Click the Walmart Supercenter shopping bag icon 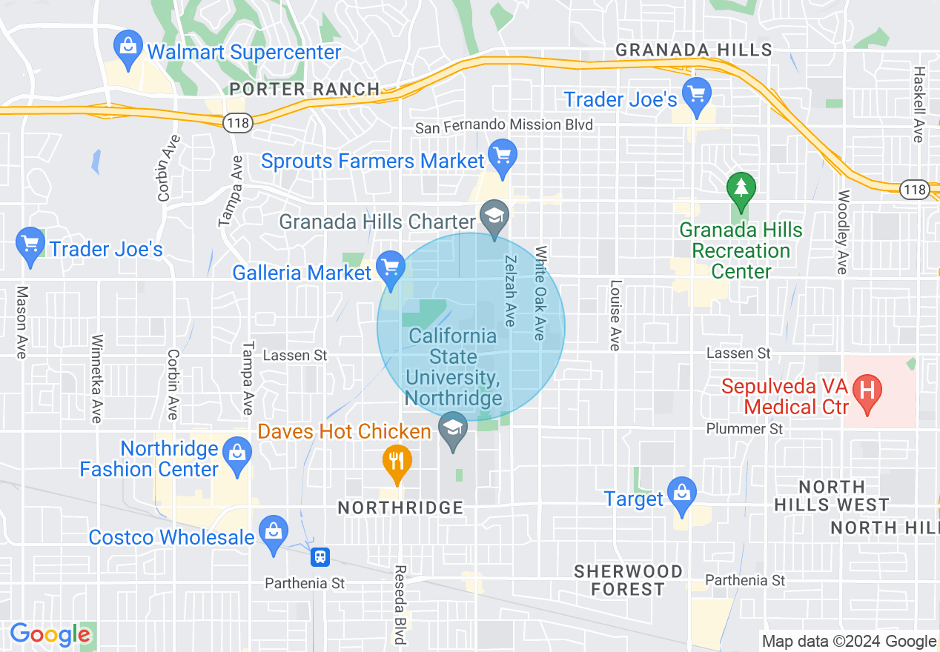click(129, 50)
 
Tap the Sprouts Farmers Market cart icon click(503, 158)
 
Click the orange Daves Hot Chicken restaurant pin click(397, 462)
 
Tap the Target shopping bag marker click(681, 495)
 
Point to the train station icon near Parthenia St click(320, 556)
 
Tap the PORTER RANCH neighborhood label click(305, 89)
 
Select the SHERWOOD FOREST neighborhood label click(629, 580)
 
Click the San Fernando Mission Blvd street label click(503, 125)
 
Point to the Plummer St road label click(744, 428)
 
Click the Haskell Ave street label click(919, 104)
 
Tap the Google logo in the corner click(50, 634)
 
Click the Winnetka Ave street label click(96, 379)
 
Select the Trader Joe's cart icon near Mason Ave click(30, 245)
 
